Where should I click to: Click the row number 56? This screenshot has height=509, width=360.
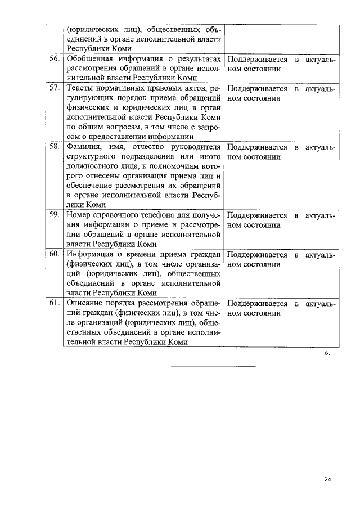55,59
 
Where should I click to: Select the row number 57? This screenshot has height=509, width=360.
55,89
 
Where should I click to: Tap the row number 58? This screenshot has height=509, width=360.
55,147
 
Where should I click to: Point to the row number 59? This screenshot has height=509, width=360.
55,215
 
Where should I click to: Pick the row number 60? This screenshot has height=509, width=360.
55,254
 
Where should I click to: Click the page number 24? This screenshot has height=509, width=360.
328,479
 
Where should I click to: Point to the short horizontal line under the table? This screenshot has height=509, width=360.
200,366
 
